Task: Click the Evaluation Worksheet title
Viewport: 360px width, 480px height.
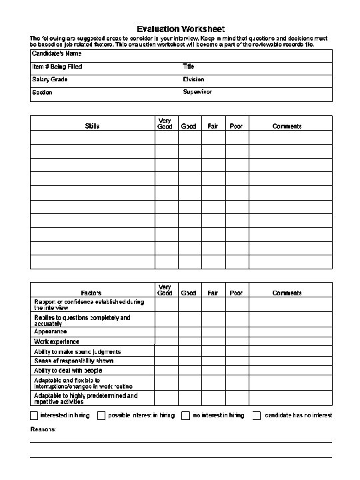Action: [x=181, y=29]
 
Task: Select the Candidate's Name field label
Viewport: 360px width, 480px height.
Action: [x=57, y=53]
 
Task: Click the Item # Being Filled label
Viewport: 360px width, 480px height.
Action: [x=57, y=67]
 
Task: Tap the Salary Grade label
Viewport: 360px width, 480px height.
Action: [x=50, y=79]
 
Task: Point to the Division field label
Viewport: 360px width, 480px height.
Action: [x=193, y=79]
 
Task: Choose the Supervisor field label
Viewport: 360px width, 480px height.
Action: [x=197, y=92]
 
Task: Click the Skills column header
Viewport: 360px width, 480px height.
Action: [x=93, y=126]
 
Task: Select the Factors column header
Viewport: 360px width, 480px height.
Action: [x=91, y=293]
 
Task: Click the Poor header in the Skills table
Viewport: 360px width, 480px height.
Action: [x=236, y=126]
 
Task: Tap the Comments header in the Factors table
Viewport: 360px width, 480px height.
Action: [x=287, y=293]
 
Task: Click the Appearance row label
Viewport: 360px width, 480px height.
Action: [x=51, y=331]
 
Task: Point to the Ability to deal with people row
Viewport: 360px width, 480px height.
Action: [x=68, y=370]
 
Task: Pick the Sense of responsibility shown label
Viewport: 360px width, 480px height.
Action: [x=74, y=361]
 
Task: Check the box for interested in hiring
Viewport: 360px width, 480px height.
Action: [x=35, y=415]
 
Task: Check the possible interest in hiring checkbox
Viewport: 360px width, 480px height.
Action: [x=101, y=415]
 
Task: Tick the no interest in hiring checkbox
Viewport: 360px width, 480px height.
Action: [x=186, y=415]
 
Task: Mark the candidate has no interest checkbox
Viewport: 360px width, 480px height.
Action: [x=257, y=415]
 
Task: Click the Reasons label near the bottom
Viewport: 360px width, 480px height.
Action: [x=43, y=429]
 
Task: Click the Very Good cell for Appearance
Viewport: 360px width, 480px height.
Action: [x=166, y=331]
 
